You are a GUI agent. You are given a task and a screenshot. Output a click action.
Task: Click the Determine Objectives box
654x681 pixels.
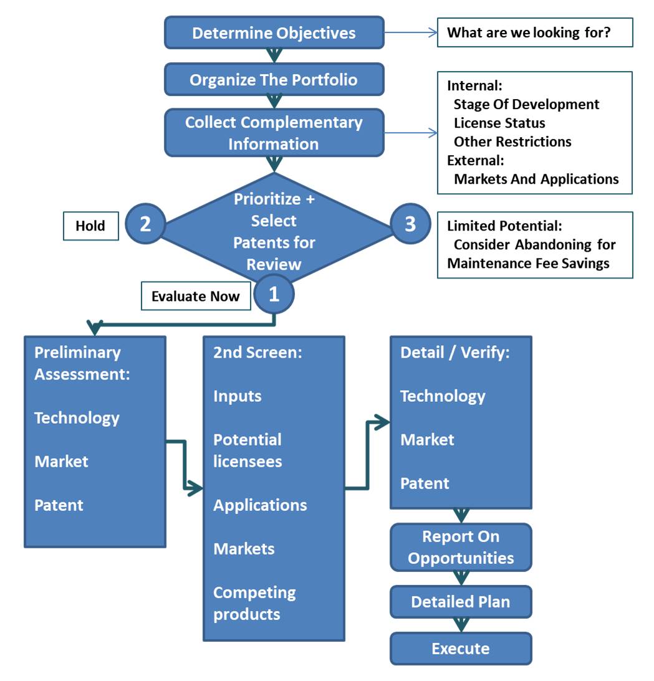(x=274, y=33)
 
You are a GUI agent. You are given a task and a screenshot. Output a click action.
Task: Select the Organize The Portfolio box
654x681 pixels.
(x=274, y=80)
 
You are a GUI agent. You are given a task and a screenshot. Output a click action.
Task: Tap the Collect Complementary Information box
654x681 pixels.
(x=274, y=133)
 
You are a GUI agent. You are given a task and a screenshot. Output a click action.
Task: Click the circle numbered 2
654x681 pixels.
(x=145, y=224)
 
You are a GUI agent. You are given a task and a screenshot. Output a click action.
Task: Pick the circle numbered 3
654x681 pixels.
(x=410, y=224)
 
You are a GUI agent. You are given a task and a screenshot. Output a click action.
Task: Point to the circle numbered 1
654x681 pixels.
(x=274, y=295)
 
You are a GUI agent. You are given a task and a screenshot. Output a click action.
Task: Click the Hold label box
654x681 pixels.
(x=90, y=226)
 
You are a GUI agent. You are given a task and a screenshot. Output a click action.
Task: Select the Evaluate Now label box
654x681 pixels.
(x=196, y=296)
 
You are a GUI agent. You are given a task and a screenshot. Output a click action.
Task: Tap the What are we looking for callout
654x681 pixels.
(x=535, y=32)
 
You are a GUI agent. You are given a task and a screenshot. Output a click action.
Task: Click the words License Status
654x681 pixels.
(x=499, y=123)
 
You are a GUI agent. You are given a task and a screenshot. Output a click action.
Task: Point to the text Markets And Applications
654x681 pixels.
(x=536, y=179)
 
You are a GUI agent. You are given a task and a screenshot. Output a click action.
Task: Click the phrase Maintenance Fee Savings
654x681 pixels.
(x=528, y=263)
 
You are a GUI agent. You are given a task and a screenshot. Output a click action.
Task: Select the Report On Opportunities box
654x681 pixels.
(x=461, y=547)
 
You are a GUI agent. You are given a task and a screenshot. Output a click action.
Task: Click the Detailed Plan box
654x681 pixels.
(x=461, y=602)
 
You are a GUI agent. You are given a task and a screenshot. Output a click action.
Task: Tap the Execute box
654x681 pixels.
(x=461, y=649)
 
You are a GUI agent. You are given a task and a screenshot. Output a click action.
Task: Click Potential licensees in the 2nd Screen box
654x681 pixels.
(x=248, y=450)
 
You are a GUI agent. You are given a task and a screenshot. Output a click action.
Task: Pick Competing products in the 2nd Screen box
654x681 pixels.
(x=254, y=603)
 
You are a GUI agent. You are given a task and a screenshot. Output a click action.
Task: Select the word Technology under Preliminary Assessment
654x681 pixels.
(x=77, y=417)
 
